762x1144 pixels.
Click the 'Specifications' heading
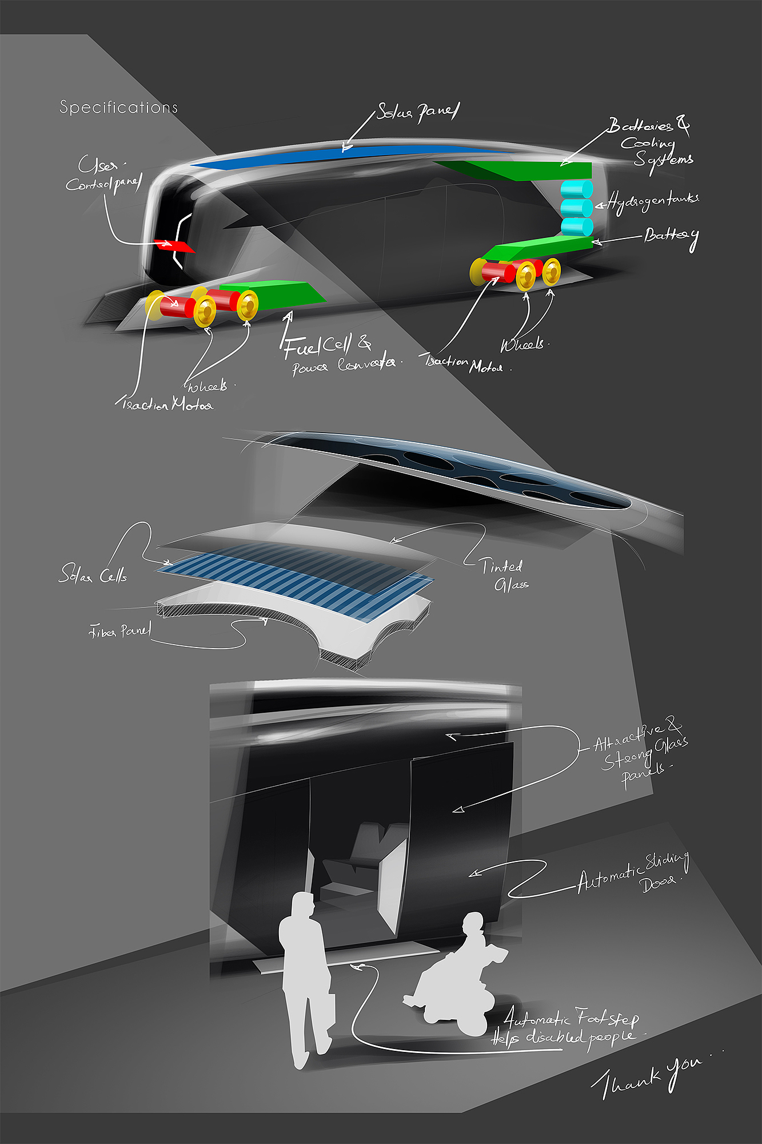[118, 107]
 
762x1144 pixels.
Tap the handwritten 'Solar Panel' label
[418, 112]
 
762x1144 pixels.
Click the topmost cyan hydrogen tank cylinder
[576, 189]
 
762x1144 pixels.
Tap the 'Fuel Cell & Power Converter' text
[340, 355]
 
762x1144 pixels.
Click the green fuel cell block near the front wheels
[274, 295]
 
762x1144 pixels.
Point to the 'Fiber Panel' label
[121, 631]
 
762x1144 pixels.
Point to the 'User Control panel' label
[103, 175]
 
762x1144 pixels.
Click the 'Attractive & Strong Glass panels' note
[640, 752]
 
